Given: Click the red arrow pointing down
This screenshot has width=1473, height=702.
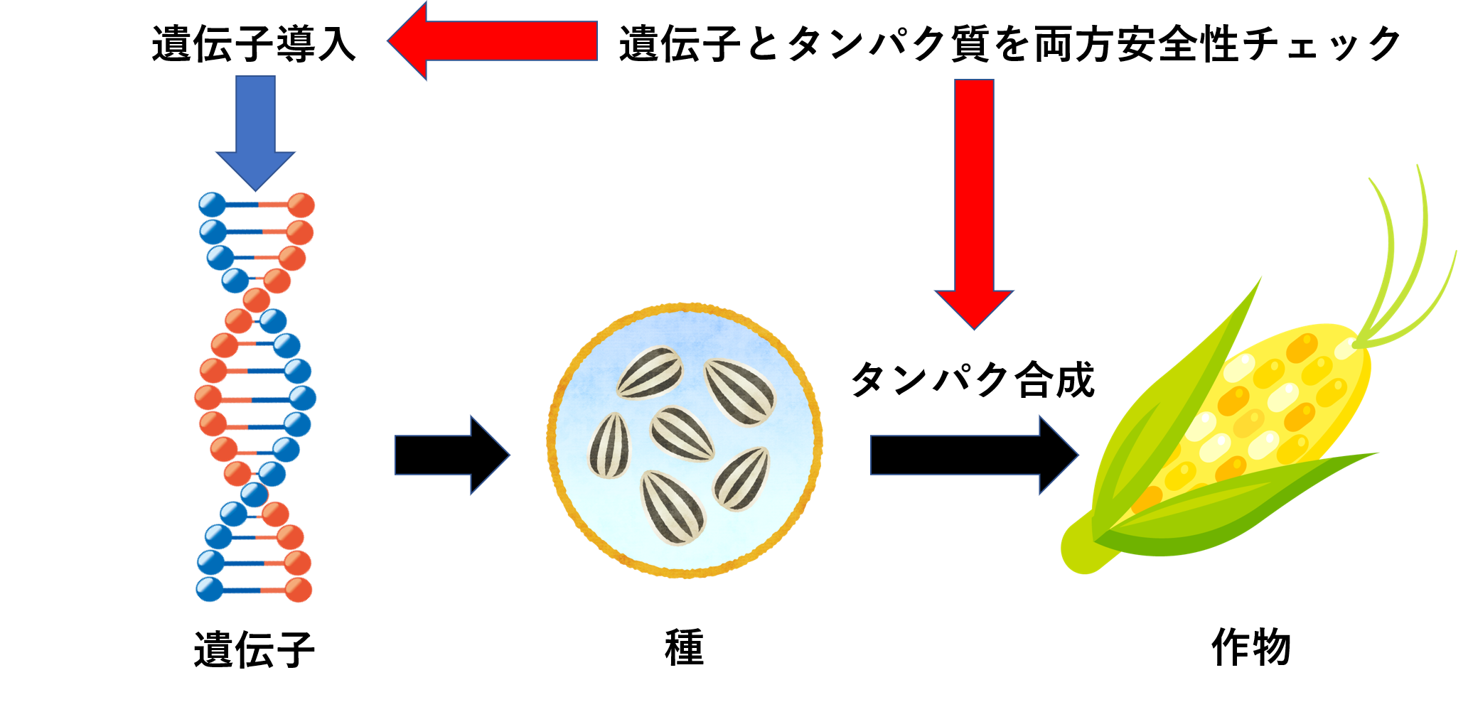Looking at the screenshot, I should pos(974,199).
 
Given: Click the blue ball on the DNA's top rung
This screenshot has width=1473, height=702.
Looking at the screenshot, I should pos(212,205).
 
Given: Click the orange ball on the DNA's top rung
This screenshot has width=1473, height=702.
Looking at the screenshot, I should pos(301,205).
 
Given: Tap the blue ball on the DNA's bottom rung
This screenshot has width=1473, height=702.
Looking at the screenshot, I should pos(209,590).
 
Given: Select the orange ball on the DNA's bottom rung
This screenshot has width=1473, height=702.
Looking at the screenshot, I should pos(299,590).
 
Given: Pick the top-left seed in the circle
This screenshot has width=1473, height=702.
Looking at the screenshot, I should pos(650,372).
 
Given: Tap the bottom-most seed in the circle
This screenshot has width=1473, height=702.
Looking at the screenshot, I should pos(673,507).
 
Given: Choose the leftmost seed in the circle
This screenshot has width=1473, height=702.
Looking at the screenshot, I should pos(609,445).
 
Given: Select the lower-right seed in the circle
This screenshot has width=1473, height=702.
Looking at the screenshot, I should pos(741,478).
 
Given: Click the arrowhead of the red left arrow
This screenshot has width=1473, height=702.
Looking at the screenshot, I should pos(409,40).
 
